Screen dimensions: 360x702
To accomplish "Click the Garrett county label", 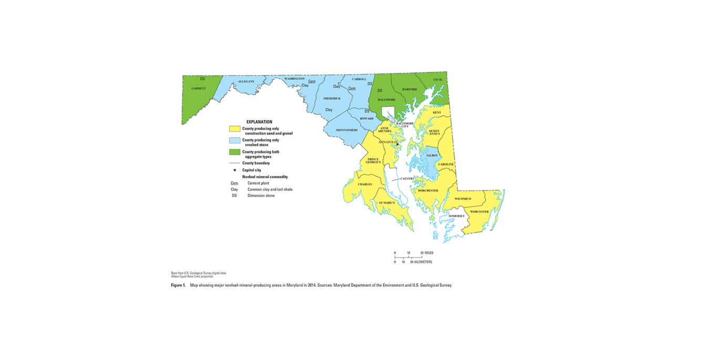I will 199,88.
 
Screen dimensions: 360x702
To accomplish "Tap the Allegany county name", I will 246,81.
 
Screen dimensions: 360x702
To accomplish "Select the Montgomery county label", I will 346,130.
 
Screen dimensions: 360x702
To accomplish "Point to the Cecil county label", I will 438,79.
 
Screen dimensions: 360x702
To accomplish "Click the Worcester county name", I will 479,212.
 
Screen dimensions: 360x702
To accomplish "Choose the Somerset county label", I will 457,216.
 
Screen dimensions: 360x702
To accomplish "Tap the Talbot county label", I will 431,156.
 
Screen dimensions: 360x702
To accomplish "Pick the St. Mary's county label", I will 387,202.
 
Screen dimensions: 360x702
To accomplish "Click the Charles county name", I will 365,184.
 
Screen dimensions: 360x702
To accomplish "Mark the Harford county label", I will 409,89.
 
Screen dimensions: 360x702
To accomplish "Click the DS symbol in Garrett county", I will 202,79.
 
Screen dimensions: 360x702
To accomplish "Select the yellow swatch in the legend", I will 234,129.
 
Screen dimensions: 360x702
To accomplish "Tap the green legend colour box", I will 234,152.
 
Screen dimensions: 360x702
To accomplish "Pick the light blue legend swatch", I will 234,140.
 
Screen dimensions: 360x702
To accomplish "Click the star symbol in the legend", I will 234,170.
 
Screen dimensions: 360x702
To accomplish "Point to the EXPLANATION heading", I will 259,122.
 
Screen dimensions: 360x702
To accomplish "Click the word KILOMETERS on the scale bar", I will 423,262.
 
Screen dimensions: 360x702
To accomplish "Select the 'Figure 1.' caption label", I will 178,285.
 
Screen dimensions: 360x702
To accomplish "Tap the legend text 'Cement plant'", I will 258,183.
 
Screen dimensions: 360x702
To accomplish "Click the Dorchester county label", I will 428,190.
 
